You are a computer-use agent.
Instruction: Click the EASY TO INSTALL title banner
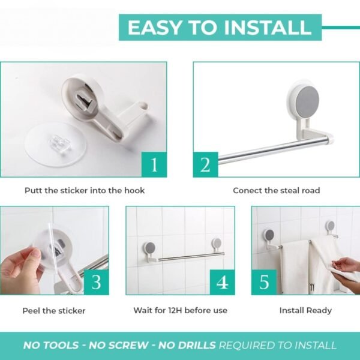220,28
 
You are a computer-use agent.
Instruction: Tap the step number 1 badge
154,164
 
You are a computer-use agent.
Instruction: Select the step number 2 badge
206,164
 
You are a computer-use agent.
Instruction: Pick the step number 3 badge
96,282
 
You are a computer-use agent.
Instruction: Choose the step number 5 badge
264,282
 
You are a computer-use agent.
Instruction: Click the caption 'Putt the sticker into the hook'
85,191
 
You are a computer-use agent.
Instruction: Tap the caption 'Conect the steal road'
276,191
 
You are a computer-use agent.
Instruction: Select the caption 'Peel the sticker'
54,311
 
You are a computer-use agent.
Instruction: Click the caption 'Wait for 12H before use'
180,311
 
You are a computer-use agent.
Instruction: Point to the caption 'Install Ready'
305,311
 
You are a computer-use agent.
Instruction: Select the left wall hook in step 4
148,248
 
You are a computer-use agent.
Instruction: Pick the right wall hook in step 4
215,244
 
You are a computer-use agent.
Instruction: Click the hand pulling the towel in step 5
343,264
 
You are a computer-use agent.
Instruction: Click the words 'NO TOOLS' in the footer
50,346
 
